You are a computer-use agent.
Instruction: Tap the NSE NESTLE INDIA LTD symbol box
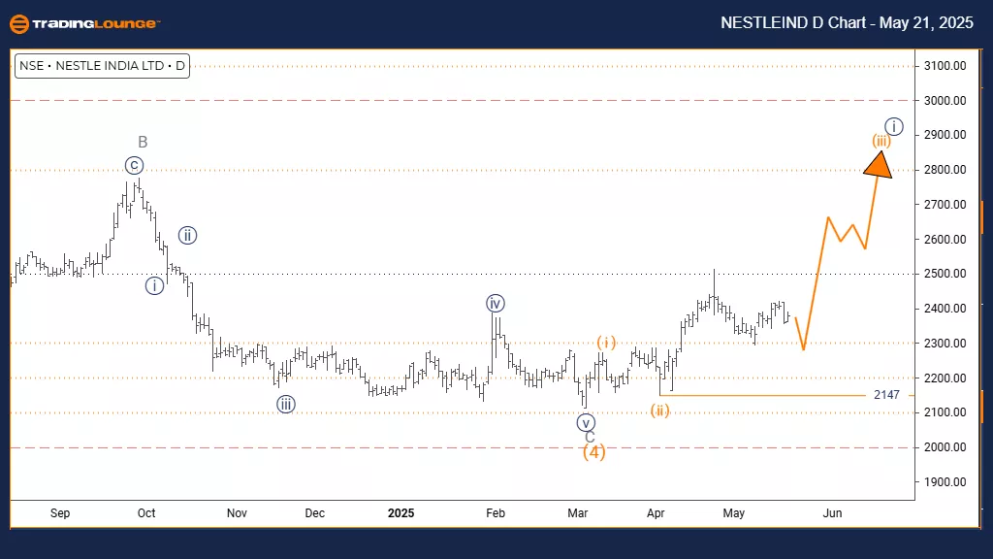point(101,67)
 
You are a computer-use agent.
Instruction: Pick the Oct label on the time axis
point(146,512)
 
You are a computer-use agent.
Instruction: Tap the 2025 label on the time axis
point(400,512)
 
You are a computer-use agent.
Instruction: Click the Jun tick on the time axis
point(831,512)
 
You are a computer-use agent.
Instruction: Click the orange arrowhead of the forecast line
point(878,163)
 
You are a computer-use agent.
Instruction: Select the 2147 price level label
point(886,395)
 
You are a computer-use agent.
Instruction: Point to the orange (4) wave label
point(593,452)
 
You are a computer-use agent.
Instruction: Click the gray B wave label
point(143,143)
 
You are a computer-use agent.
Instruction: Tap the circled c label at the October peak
point(134,165)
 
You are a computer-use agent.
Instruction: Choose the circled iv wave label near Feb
point(496,304)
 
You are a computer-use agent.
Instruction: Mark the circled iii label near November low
point(285,405)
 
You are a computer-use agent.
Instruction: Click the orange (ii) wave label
point(660,411)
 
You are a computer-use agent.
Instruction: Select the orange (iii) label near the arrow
point(881,141)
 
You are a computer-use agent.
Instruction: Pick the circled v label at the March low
point(585,422)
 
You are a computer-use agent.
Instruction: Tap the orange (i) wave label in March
point(606,342)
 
